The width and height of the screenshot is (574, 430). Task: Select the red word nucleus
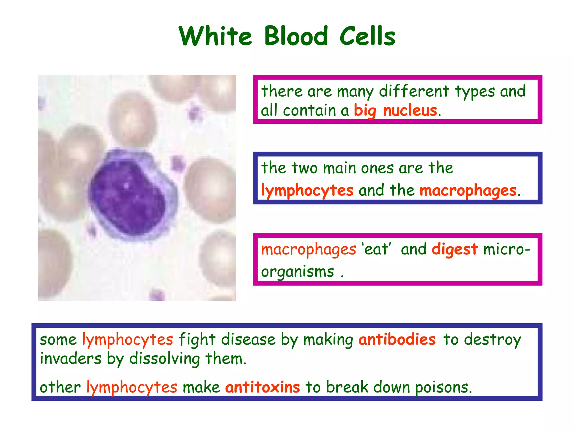pos(410,110)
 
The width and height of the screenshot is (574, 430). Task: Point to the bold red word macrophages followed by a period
pos(468,191)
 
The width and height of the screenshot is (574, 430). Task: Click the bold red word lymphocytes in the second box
pos(307,191)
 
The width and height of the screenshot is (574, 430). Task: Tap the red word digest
pos(455,249)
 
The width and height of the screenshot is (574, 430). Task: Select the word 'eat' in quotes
pos(376,249)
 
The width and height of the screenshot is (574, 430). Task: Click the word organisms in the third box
pos(297,272)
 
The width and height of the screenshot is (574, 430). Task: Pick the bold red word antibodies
pos(397,340)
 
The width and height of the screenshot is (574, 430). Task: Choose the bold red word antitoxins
pos(263,387)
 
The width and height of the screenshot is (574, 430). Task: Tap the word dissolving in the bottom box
pos(165,359)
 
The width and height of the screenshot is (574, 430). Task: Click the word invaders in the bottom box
pos(71,359)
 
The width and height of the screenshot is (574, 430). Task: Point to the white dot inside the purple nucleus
pos(126,185)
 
